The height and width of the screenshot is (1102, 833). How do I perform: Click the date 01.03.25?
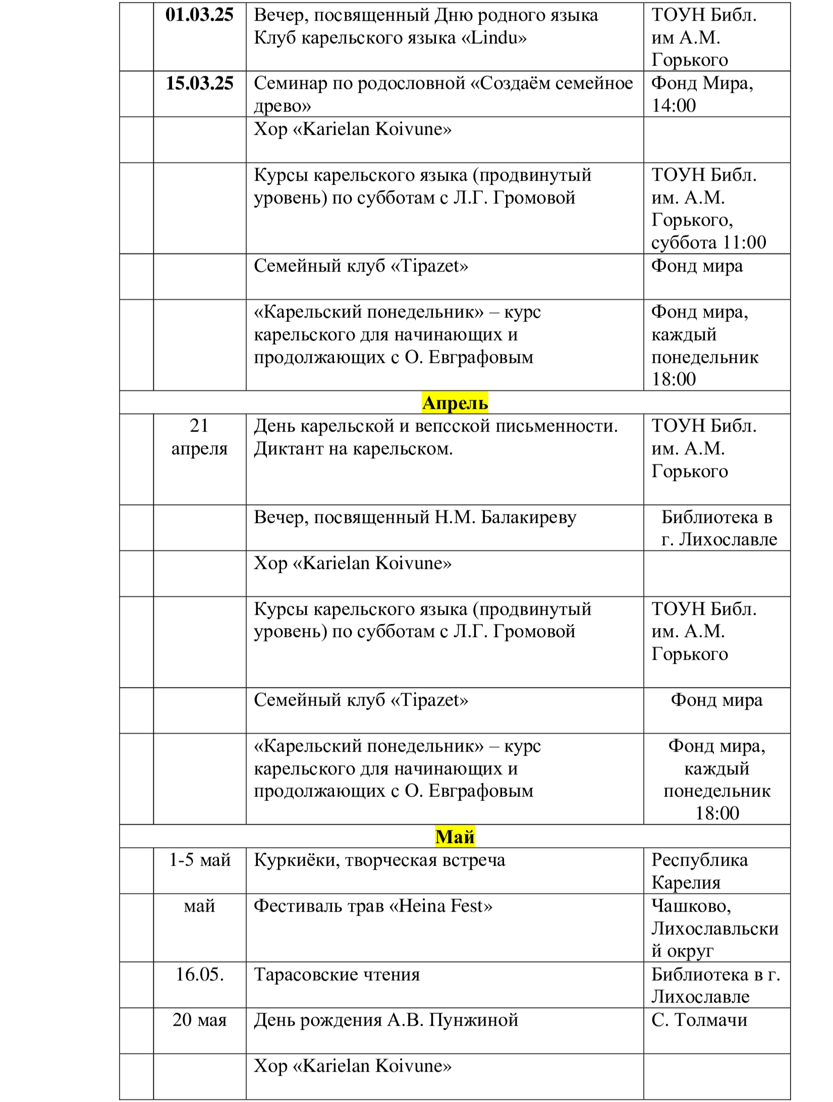tap(199, 15)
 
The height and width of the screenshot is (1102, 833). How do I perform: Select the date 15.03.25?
tap(199, 83)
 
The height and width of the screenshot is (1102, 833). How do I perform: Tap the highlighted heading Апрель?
tap(455, 403)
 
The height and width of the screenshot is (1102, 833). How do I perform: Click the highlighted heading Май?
tap(455, 836)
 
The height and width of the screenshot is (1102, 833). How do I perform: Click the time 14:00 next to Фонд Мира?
tap(674, 106)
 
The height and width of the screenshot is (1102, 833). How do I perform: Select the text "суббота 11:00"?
tap(708, 242)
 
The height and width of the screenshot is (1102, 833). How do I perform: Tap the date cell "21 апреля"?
tap(199, 437)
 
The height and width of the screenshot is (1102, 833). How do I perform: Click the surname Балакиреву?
tap(528, 517)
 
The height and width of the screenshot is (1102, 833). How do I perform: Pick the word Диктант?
tap(289, 448)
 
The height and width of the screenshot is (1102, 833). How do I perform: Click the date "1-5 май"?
tap(199, 859)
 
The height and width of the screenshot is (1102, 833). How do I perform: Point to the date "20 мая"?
tap(199, 1019)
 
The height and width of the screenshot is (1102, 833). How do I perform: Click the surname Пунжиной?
tap(473, 1019)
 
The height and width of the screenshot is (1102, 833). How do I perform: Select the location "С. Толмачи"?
tap(699, 1019)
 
